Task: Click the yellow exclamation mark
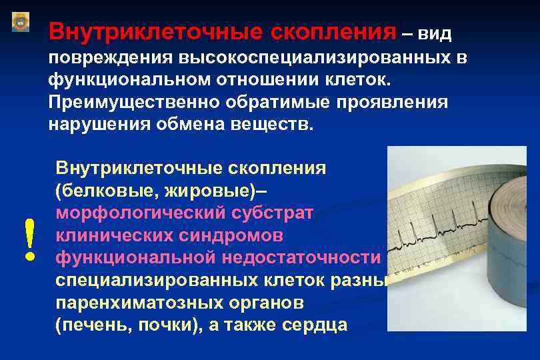[x=28, y=241]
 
